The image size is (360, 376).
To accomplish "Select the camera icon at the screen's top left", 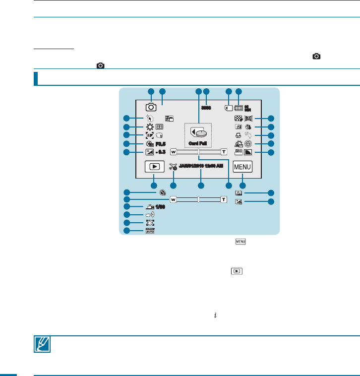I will pos(151,107).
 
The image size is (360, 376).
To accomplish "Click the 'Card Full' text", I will pos(198,143).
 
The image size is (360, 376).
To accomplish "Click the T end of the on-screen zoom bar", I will pos(224,151).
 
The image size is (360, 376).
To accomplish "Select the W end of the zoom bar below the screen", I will pos(173,199).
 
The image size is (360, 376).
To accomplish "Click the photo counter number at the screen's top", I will pos(207,107).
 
